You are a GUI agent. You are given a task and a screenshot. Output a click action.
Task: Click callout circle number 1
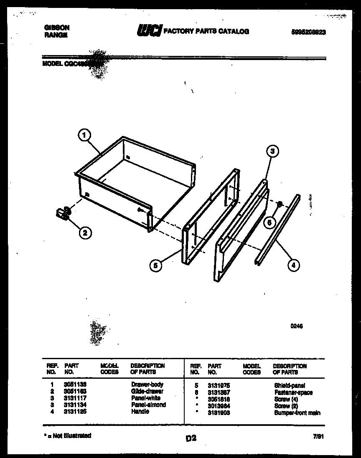[84, 135]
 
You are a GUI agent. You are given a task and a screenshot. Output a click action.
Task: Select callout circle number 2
[84, 233]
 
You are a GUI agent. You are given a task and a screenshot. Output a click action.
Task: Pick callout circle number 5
[155, 265]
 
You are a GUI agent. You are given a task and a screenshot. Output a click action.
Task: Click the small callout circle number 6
[269, 223]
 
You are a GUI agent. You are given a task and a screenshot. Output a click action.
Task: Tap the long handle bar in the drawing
[277, 229]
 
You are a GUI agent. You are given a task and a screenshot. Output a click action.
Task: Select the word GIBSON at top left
[57, 28]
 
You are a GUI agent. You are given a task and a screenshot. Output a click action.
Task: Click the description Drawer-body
[147, 384]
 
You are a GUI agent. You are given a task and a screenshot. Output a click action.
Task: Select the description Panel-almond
[148, 405]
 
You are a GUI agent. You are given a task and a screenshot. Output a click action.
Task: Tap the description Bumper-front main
[297, 413]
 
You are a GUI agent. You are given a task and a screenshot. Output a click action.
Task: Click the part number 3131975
[219, 386]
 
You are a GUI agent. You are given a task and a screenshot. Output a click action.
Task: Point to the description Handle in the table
[140, 411]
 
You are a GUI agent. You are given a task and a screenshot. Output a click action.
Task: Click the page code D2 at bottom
[191, 438]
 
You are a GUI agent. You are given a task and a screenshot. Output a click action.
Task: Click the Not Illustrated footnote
[67, 435]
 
